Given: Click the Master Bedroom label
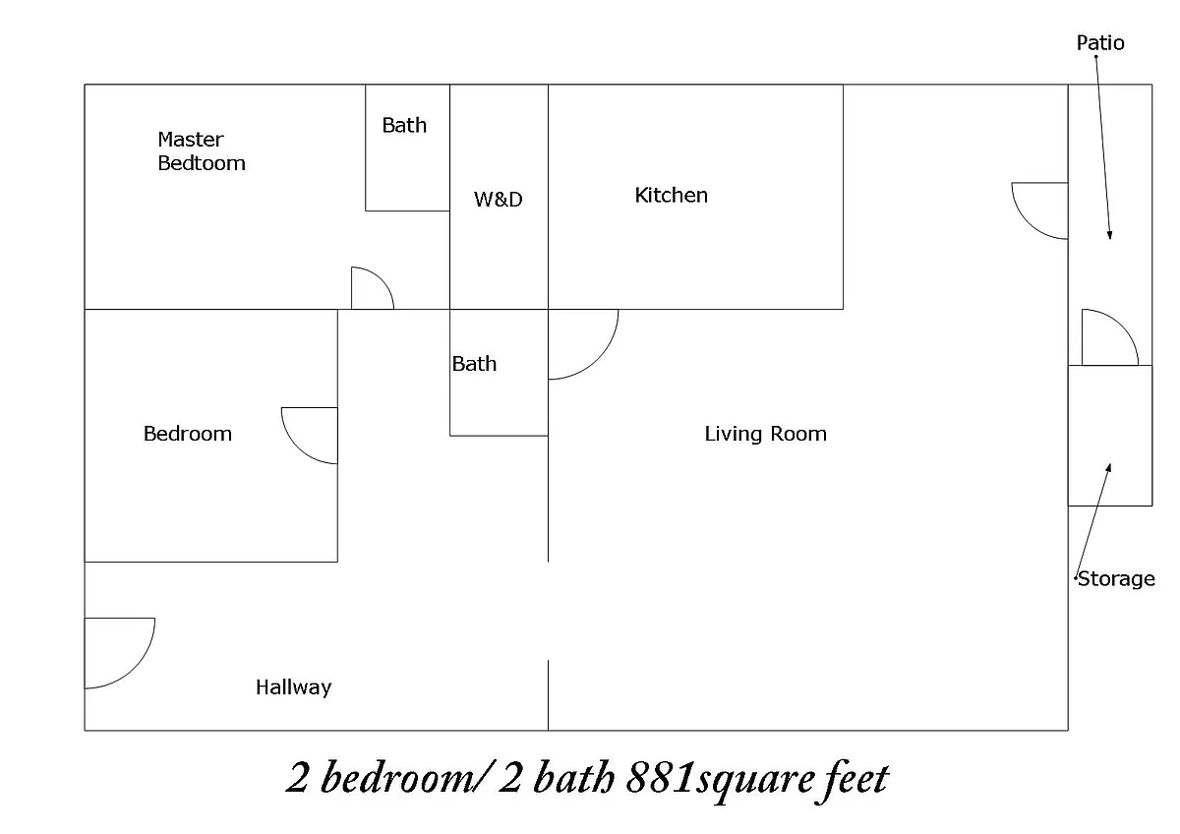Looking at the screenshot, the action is [x=202, y=151].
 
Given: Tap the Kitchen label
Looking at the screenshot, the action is [x=671, y=196].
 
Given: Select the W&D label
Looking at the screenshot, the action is [x=498, y=199].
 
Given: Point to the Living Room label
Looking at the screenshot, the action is [x=765, y=434].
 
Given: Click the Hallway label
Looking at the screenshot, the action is [x=293, y=687].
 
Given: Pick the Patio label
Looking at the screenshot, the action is [x=1100, y=42].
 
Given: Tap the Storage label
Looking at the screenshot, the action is [x=1116, y=579].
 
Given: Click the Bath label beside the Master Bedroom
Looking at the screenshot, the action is [x=404, y=125].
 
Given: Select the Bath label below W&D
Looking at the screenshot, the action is [x=474, y=364].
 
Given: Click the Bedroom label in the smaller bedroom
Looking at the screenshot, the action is [x=188, y=434].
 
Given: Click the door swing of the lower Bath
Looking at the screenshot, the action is [x=598, y=359].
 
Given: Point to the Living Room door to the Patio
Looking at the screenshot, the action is [x=1028, y=223].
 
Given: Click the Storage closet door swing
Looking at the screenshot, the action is [x=1123, y=326].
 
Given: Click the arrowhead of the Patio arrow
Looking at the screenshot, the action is [x=1110, y=235].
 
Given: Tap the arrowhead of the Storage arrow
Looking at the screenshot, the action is [x=1109, y=467].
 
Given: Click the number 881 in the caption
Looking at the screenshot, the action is [x=661, y=778].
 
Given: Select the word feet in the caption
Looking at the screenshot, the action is [x=854, y=779].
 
